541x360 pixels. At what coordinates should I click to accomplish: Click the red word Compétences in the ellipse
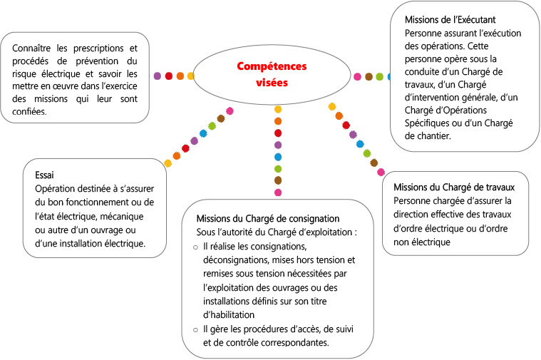click(272, 66)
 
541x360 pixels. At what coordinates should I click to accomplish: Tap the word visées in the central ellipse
click(272, 83)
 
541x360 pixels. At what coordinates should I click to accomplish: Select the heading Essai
click(44, 175)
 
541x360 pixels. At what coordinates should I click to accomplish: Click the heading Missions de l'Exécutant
click(450, 20)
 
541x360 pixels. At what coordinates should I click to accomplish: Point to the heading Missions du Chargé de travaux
click(454, 187)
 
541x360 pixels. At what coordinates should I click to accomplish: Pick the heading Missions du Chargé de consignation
click(268, 218)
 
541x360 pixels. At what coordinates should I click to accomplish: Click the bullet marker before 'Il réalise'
click(195, 247)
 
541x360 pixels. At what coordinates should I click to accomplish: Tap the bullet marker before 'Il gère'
click(195, 330)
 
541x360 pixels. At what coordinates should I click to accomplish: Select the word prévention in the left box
click(97, 61)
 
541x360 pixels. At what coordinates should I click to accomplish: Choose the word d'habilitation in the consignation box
click(229, 315)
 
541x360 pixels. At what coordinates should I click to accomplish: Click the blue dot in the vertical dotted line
click(278, 157)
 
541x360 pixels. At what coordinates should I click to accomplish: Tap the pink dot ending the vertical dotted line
click(278, 192)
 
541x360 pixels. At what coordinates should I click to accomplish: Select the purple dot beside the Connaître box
click(158, 76)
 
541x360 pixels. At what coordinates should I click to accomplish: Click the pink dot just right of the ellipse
click(357, 76)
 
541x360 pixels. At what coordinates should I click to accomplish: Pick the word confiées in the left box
click(29, 111)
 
